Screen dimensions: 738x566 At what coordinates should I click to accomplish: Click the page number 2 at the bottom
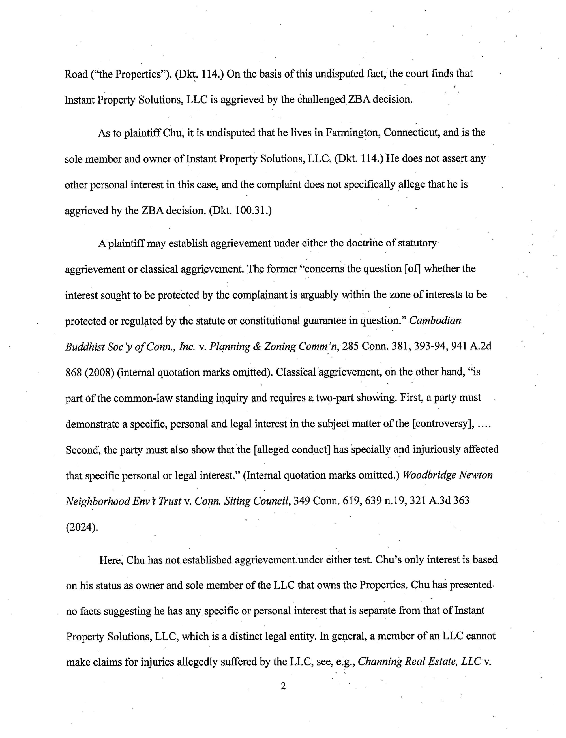click(x=283, y=686)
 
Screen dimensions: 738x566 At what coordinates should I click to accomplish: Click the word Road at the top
click(x=76, y=74)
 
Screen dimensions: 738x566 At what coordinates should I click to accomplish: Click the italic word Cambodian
click(x=435, y=320)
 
